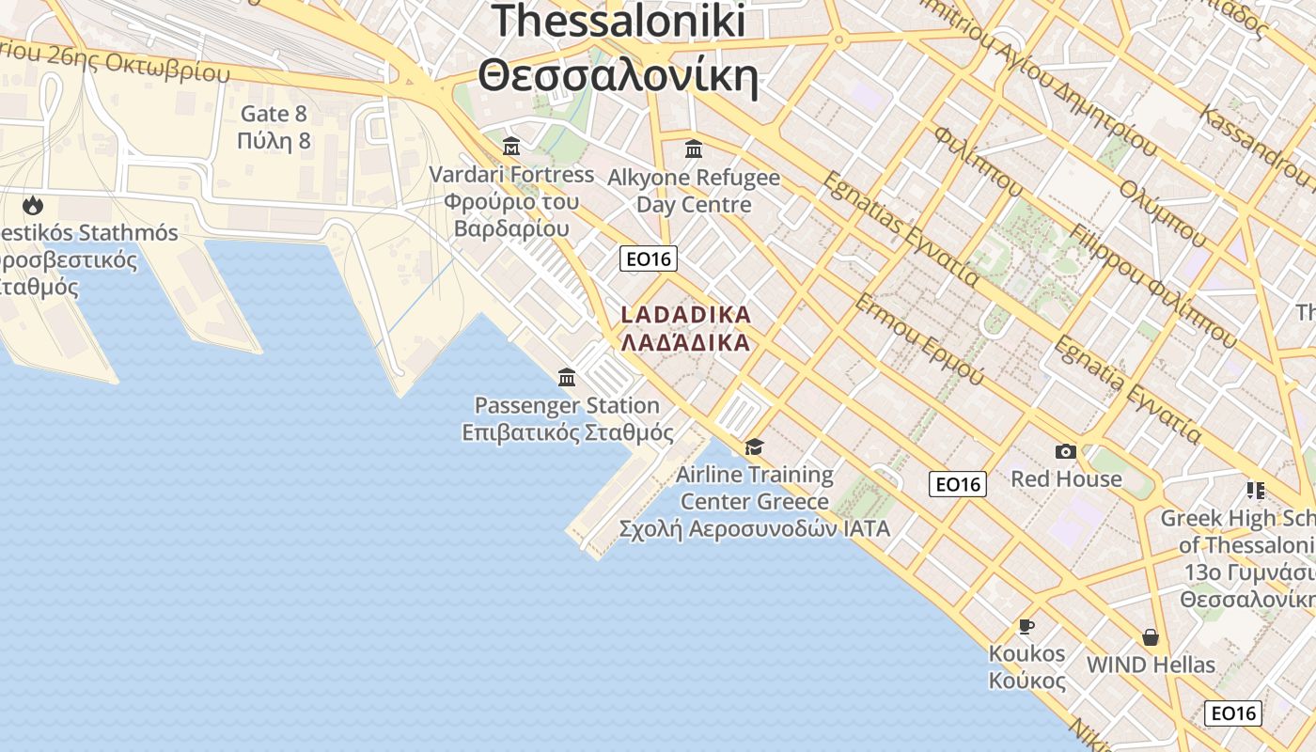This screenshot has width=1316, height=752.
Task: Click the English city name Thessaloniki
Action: point(618,21)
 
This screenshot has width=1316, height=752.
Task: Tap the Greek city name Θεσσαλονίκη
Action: point(618,75)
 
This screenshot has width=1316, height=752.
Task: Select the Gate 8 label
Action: point(274,114)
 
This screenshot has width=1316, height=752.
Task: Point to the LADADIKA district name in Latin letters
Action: point(686,314)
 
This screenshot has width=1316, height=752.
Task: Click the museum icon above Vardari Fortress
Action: point(511,147)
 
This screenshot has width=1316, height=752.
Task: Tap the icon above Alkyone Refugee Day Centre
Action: point(694,149)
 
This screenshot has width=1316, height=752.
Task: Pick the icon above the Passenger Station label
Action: point(567,378)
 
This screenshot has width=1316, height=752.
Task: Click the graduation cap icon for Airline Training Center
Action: point(754,446)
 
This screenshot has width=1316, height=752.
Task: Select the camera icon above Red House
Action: point(1065,451)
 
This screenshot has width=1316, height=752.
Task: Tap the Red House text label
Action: point(1066,478)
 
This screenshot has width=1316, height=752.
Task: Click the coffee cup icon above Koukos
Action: point(1026,626)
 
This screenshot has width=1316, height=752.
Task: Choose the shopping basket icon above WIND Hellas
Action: point(1150,637)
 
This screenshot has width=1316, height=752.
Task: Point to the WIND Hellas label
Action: point(1151,665)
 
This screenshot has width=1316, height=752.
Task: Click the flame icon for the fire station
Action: point(33,204)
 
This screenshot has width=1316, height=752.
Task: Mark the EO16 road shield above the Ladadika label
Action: point(649,258)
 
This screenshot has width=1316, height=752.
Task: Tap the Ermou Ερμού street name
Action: point(919,339)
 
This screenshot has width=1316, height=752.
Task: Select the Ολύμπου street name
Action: point(1162,212)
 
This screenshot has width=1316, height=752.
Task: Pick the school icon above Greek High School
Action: point(1255,490)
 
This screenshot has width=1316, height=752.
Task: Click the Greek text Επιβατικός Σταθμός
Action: point(568,432)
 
